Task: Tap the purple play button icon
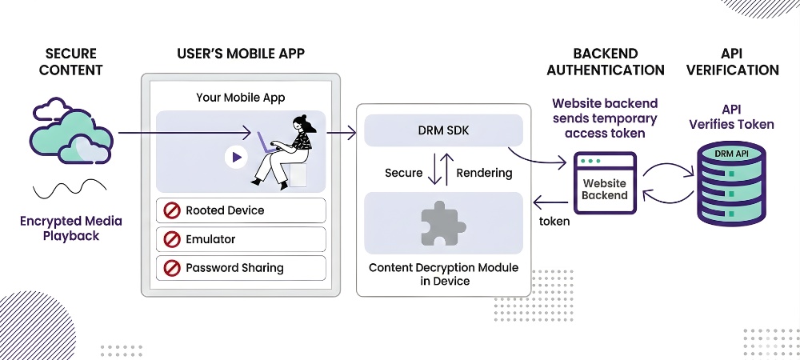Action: pos(236,158)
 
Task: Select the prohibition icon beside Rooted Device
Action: pos(171,210)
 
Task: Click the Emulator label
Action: pos(210,239)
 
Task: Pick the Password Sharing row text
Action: pos(234,268)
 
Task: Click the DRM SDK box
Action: pos(443,130)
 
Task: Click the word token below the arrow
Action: pos(554,221)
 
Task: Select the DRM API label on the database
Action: pos(731,152)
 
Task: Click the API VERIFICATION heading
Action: pos(733,62)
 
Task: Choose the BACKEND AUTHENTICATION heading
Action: pos(605,62)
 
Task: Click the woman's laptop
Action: pos(266,142)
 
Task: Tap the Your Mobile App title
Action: pos(241,98)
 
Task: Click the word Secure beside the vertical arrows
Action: pos(403,173)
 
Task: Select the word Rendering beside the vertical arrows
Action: pos(484,173)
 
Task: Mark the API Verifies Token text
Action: pos(733,117)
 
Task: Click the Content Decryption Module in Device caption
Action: pos(443,274)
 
